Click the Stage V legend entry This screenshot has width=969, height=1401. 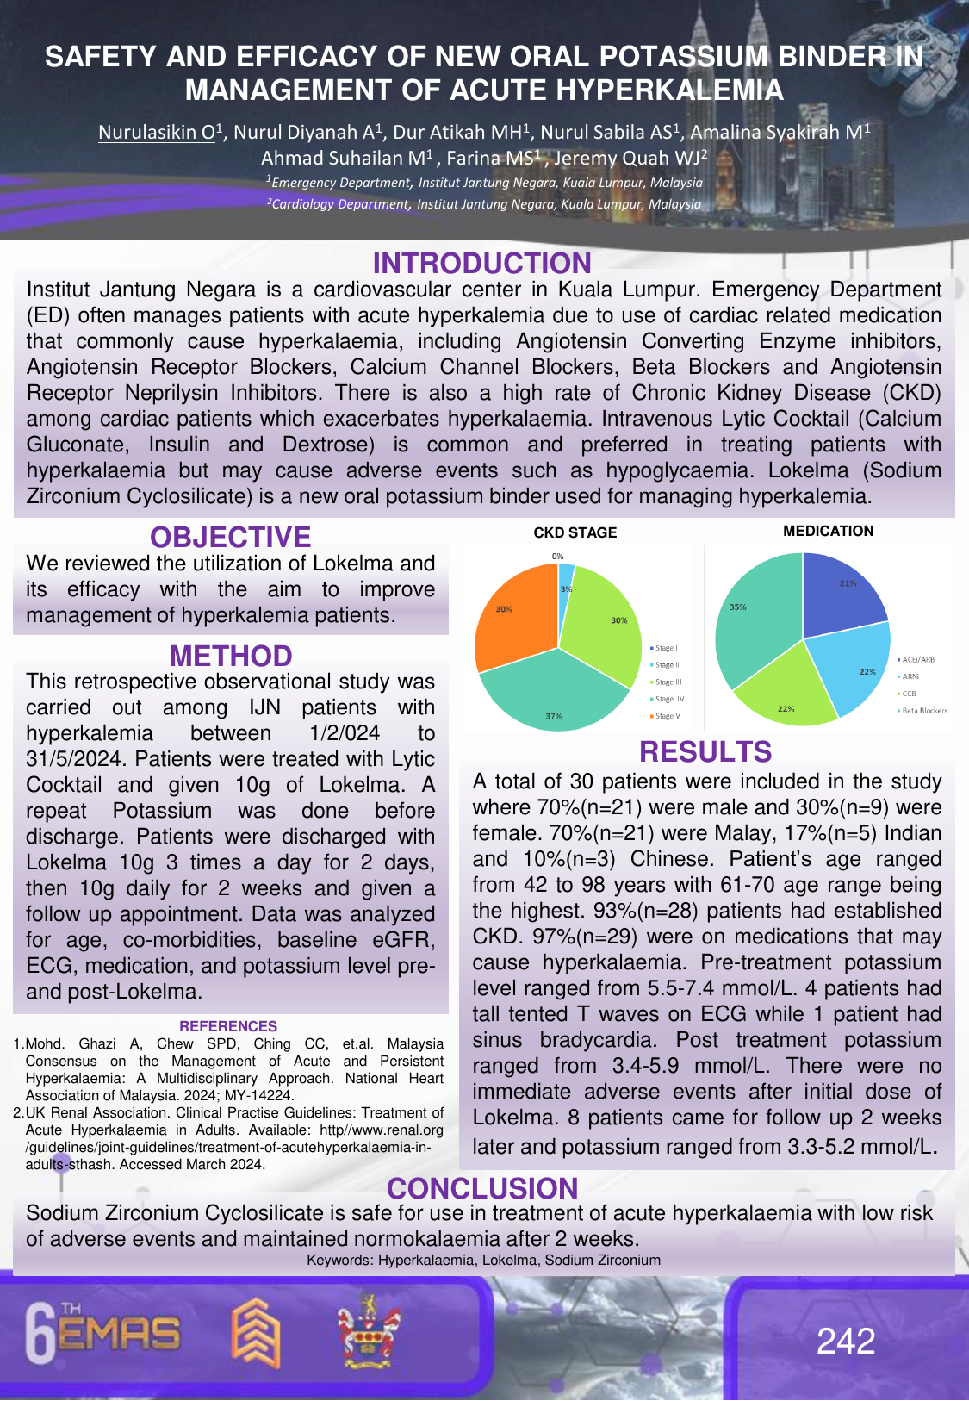(x=667, y=716)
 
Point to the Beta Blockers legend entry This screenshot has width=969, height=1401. (x=924, y=711)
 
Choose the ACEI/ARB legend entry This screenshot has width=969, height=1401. (x=917, y=659)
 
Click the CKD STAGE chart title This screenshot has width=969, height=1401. (x=575, y=532)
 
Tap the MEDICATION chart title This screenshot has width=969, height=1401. (x=828, y=531)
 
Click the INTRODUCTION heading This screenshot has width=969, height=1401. (x=481, y=263)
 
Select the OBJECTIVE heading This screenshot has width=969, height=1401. (x=230, y=537)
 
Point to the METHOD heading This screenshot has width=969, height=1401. (x=231, y=656)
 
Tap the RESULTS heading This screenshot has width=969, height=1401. (x=705, y=751)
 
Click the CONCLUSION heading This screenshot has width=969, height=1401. (x=482, y=1188)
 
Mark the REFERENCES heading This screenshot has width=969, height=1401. (x=228, y=1026)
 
